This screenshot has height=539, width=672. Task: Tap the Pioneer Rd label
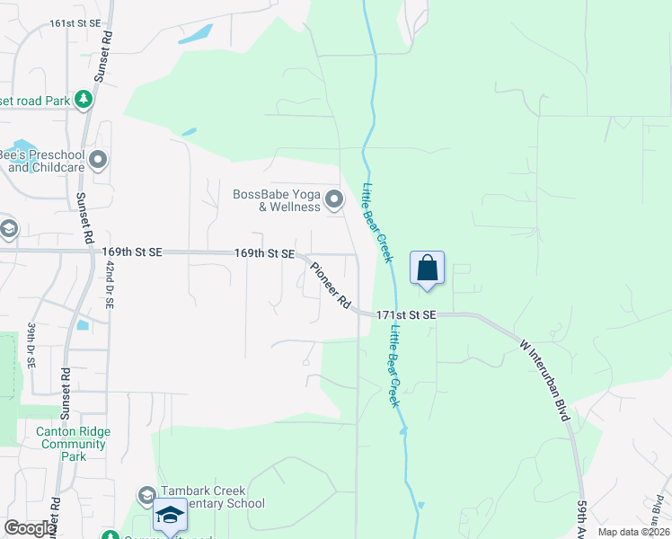tap(331, 286)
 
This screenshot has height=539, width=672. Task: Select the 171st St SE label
tap(406, 315)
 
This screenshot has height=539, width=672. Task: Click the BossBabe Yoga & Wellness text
tap(276, 200)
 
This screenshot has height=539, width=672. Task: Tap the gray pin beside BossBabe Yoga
tap(334, 199)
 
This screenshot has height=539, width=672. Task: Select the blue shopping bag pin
tap(427, 269)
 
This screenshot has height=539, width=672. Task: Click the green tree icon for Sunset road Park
tap(84, 98)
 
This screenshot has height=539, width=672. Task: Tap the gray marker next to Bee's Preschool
tap(98, 161)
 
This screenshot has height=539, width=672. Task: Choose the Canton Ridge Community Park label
tap(73, 444)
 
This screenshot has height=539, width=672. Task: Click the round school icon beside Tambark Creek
tap(146, 496)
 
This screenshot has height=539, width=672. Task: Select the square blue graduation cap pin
tap(170, 516)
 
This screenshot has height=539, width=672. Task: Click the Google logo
tap(31, 528)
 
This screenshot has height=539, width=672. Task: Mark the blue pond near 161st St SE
tap(195, 35)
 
